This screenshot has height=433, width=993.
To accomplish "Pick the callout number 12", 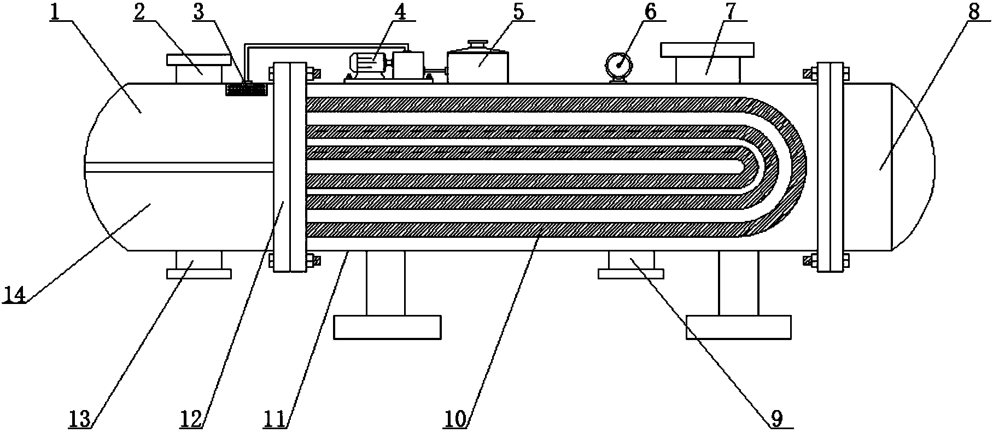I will (x=193, y=420).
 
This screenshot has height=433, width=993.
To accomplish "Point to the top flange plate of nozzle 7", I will (x=708, y=50).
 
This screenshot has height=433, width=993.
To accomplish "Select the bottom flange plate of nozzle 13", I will (x=198, y=273).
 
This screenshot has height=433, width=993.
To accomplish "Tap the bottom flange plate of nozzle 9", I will (x=630, y=273).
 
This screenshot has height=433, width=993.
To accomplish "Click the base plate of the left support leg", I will (x=387, y=327).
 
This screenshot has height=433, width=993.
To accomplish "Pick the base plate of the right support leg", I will (x=738, y=327).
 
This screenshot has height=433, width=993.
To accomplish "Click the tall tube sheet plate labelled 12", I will (x=289, y=167).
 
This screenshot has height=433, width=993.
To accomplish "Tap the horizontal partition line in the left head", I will (x=180, y=163).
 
